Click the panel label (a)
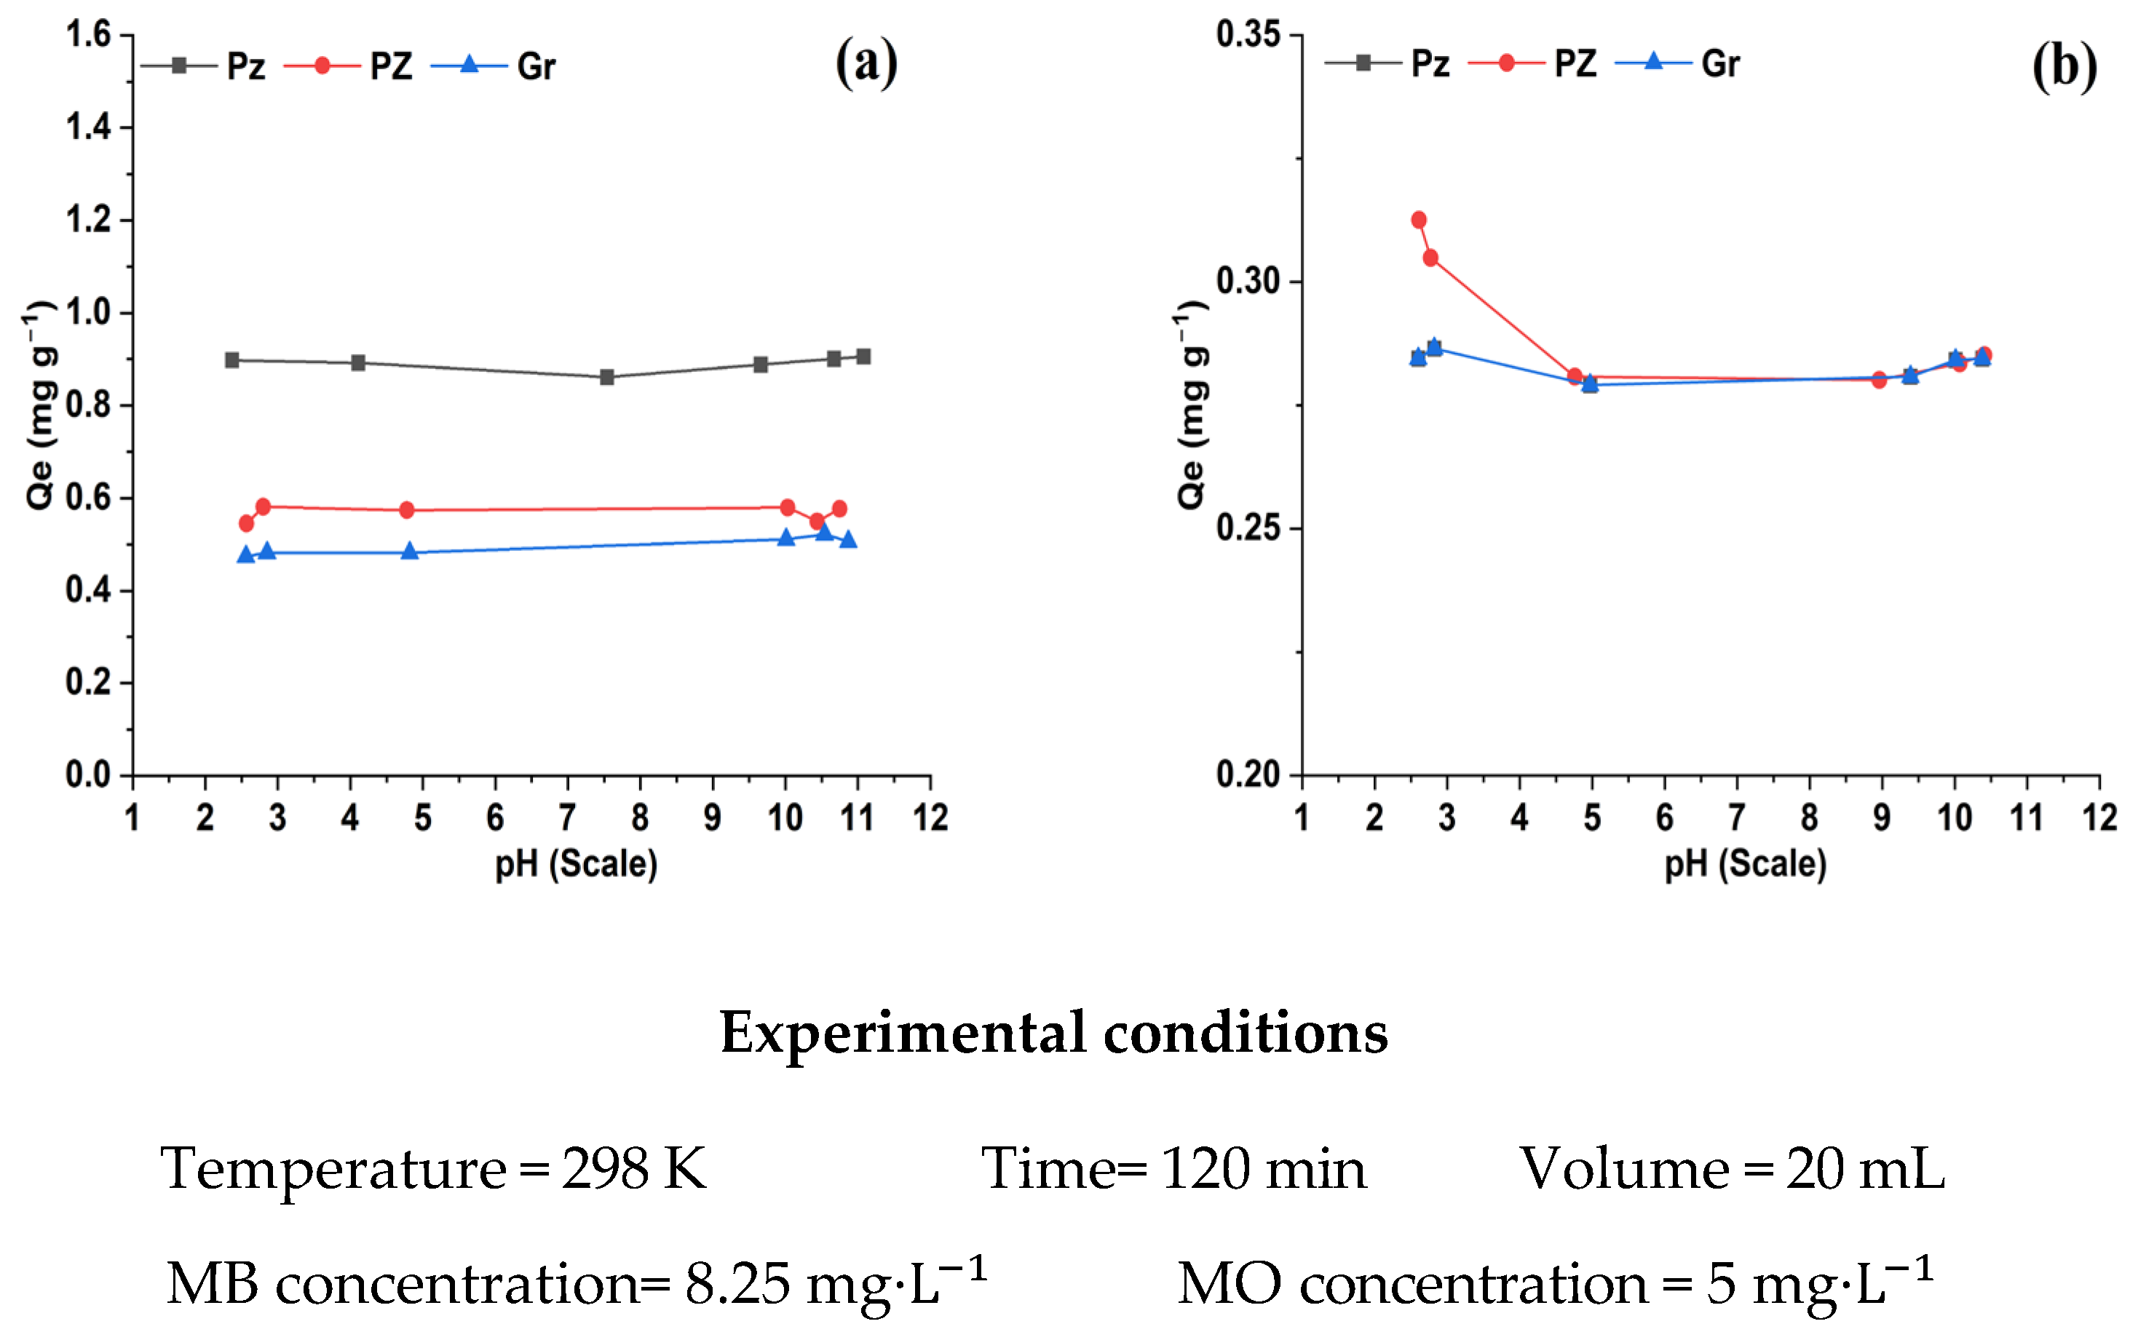[867, 63]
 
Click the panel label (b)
[2064, 66]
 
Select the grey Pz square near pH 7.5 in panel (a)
[607, 377]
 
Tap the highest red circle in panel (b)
[1418, 219]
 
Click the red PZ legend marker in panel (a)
[322, 66]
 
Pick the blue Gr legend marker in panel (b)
[1653, 62]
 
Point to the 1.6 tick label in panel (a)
[88, 34]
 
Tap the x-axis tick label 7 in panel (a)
[567, 817]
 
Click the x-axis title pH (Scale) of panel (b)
[1745, 864]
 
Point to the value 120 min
[1263, 1169]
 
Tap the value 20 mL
[1865, 1169]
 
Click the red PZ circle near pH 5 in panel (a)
[406, 510]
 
